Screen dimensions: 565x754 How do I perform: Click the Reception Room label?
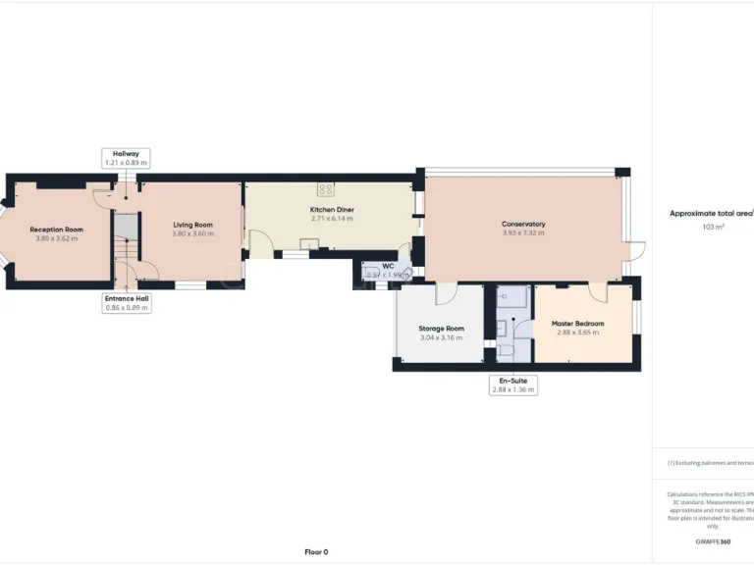coord(56,230)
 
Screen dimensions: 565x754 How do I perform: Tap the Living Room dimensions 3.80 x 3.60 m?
coord(192,233)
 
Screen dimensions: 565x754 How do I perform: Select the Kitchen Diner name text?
coord(332,210)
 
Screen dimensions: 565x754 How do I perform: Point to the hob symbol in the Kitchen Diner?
coord(326,190)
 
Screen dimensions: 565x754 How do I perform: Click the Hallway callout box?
coord(126,158)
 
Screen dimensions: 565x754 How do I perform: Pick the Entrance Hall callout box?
coord(126,303)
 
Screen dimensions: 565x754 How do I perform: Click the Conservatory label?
coord(523,224)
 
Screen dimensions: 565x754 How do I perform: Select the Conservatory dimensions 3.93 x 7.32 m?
coord(523,232)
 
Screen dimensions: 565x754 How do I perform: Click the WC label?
coord(388,266)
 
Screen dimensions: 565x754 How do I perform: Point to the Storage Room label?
coord(441,329)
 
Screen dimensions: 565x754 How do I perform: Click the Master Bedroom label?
coord(577,324)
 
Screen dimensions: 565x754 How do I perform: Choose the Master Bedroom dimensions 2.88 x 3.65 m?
coord(577,333)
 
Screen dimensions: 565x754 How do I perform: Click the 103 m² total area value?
coord(712,227)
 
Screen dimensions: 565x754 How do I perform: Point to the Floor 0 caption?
coord(316,551)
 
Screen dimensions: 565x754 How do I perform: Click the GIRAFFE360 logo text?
coord(713,541)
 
